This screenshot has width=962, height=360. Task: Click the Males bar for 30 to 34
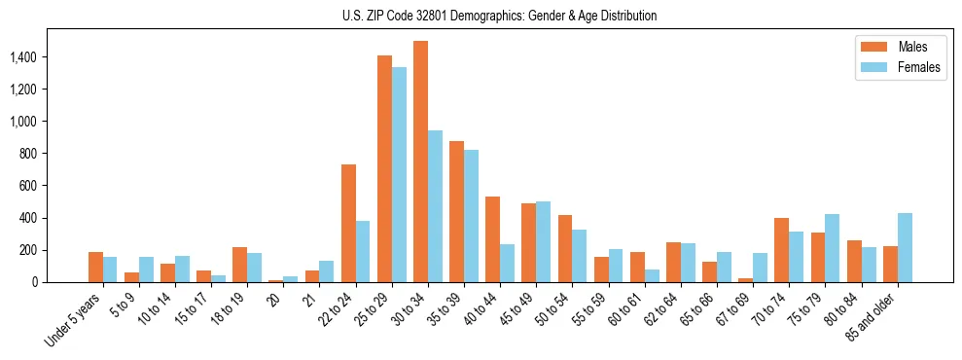point(420,162)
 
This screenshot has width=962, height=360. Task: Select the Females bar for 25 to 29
point(399,175)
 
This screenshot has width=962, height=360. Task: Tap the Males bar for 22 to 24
point(348,224)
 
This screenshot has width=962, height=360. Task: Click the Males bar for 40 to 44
point(492,239)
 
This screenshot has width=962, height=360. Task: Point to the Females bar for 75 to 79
point(833,248)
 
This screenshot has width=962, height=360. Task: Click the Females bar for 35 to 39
point(471,216)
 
